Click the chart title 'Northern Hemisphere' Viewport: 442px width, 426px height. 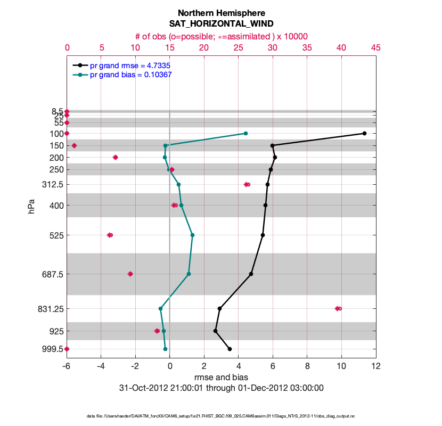221,13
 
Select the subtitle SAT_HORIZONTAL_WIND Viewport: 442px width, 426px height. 221,24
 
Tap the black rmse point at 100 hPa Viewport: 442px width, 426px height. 364,133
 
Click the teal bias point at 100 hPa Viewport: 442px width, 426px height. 245,133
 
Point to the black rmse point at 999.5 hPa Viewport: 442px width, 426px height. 230,349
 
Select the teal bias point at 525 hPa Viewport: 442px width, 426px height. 192,235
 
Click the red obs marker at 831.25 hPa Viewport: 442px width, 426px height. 338,308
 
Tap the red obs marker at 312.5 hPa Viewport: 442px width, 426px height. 247,184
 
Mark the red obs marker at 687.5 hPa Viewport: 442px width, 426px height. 130,274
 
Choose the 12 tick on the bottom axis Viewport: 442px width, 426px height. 376,366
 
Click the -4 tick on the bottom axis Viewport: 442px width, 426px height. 101,366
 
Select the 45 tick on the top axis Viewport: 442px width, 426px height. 375,48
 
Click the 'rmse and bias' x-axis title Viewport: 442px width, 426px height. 221,377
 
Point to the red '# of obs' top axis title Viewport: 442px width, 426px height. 221,36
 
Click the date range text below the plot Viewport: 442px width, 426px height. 221,388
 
